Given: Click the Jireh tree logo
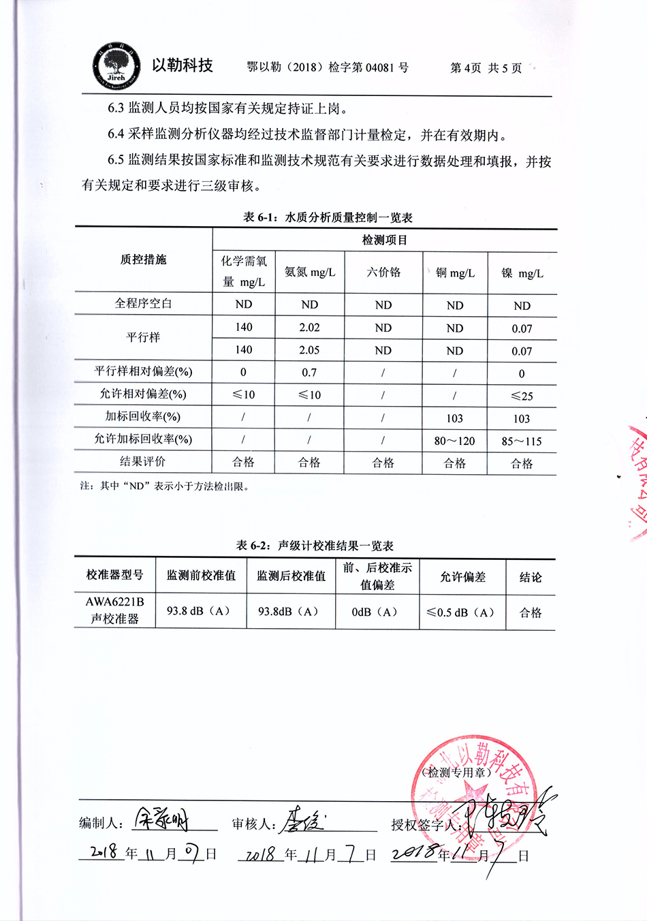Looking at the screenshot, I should pos(116,67).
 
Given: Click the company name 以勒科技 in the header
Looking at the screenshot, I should pos(183,65).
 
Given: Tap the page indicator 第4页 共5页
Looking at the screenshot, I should pos(486,68).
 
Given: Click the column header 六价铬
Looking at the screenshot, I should pos(383,272).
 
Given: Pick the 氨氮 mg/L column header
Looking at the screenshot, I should pos(310,272).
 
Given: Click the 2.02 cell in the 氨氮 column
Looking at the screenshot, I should pos(309,328).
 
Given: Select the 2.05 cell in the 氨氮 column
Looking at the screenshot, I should pos(309,350).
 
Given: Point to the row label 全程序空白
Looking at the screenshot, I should pos(143,304).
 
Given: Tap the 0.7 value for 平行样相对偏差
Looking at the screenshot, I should pos(309,373).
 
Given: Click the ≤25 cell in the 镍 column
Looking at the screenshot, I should pos(522,396).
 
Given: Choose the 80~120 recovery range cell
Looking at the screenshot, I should pos(454,441).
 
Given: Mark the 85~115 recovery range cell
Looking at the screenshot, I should pos(522,441).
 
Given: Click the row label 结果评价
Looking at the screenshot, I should pos(143,462).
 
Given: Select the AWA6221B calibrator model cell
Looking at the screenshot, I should pos(115,610).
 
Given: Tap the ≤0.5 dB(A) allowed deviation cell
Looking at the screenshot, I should pos(461,612).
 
